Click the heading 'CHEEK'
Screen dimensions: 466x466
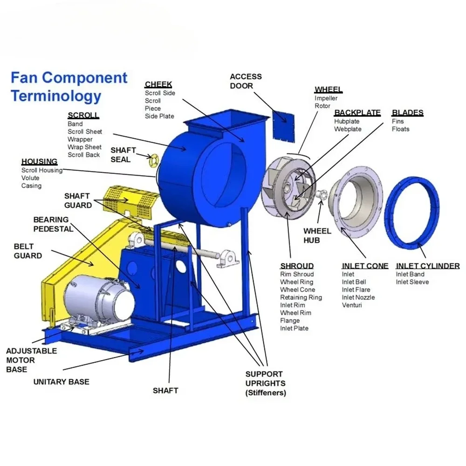(158, 84)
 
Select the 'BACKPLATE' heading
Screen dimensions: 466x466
(357, 113)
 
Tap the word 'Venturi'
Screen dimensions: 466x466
(352, 305)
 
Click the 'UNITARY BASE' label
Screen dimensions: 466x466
(61, 382)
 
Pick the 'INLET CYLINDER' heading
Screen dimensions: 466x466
(428, 266)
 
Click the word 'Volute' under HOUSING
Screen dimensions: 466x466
(30, 178)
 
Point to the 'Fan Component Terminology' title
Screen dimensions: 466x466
(69, 87)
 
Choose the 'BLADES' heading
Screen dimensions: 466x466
(407, 113)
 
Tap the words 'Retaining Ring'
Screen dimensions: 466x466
(301, 297)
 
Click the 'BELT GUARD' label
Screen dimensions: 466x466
(28, 251)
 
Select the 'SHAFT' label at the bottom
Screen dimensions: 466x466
(165, 391)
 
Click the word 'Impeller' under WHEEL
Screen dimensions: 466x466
(326, 98)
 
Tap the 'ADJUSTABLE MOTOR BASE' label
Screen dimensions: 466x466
(32, 360)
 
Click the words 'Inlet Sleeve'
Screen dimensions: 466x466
(412, 282)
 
